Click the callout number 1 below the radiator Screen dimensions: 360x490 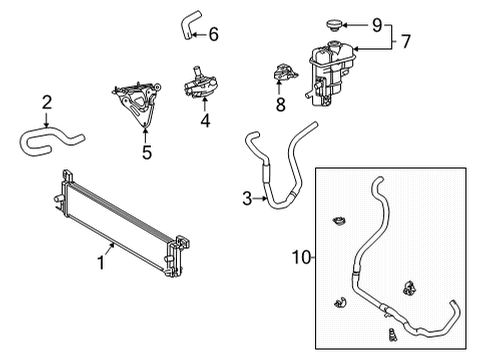pyautogui.click(x=101, y=264)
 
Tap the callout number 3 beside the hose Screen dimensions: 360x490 pyautogui.click(x=247, y=198)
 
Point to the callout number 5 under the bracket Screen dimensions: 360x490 pyautogui.click(x=146, y=153)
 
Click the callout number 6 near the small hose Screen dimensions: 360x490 pyautogui.click(x=213, y=35)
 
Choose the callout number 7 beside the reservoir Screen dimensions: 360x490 pyautogui.click(x=407, y=44)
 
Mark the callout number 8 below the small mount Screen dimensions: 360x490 pyautogui.click(x=280, y=103)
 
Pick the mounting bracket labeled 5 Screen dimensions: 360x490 pyautogui.click(x=138, y=100)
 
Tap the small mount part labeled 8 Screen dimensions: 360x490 pyautogui.click(x=280, y=74)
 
